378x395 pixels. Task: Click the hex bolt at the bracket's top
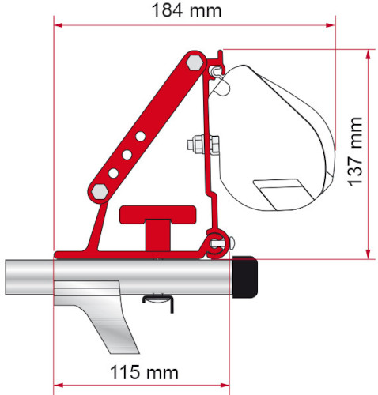click(194, 61)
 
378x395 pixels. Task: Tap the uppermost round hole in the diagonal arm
click(139, 136)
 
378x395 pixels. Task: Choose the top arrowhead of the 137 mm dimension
click(368, 54)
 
